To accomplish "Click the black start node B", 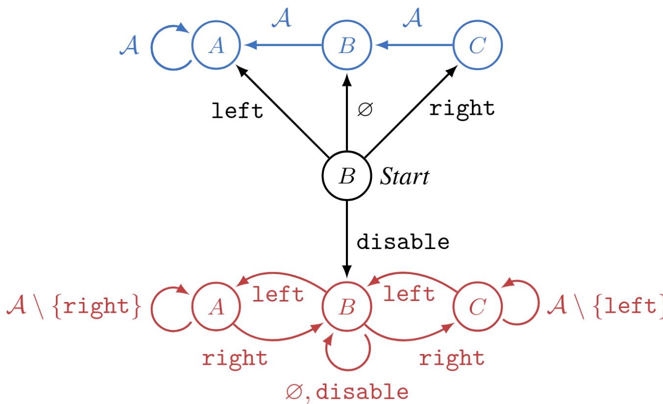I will click(x=346, y=176).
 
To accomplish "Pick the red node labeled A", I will click(x=216, y=307).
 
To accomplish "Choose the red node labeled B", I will click(x=346, y=307).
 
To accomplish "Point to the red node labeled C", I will click(x=477, y=307).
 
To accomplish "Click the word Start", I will click(x=405, y=177).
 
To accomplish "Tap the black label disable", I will click(x=403, y=242).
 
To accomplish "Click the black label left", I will click(x=237, y=111).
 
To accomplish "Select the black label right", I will click(x=462, y=108).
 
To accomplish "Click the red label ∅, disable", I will click(x=347, y=392).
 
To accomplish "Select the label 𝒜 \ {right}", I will click(x=74, y=306).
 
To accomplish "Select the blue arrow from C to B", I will click(x=412, y=46).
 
